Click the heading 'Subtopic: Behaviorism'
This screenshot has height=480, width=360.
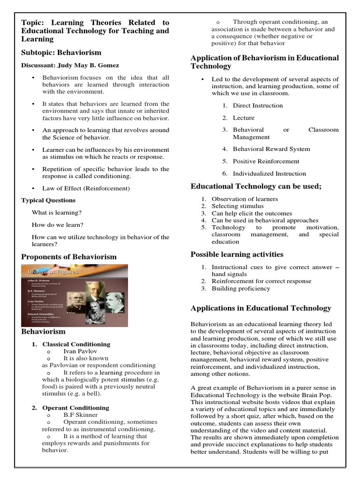point(61,52)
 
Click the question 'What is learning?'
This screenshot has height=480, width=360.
point(57,212)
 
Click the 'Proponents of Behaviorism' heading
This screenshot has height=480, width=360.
point(69,257)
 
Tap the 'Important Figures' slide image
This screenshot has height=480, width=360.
point(74,295)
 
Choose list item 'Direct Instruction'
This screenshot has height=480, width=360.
point(258,105)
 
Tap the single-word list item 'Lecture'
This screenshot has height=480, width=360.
point(244,118)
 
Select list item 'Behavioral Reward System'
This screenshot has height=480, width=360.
point(271,149)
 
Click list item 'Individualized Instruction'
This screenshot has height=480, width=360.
point(270,173)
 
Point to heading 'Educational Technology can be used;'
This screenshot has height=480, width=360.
point(256,187)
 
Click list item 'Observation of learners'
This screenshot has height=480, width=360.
point(245,199)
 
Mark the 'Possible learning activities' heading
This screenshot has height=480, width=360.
point(237,255)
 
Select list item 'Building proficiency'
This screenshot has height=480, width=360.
point(241,289)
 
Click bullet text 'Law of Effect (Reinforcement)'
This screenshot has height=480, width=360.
point(86,188)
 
